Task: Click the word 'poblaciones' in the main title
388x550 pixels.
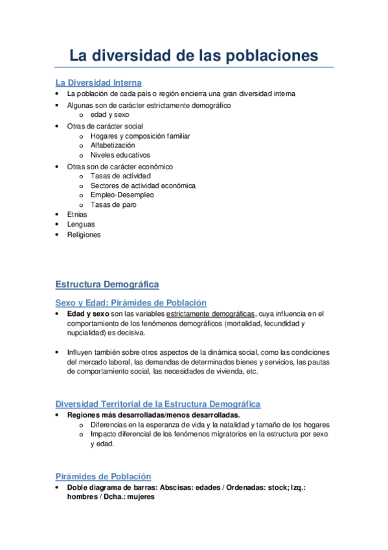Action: coord(272,56)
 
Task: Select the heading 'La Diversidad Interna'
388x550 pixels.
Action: coord(98,83)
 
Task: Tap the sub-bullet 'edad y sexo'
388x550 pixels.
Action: coord(110,114)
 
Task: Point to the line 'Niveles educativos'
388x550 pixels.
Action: coord(120,156)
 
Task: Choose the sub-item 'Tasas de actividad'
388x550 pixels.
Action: coord(120,176)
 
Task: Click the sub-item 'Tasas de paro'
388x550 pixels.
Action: coord(113,205)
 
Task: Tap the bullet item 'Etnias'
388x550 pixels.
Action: coord(76,215)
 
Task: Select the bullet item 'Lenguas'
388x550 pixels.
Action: coord(80,224)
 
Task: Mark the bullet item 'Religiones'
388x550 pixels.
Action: coord(84,234)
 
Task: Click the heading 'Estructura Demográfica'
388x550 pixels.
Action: coord(107,285)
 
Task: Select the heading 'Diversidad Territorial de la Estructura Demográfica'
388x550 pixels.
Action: coord(158,404)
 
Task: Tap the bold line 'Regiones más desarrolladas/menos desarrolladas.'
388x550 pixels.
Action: coord(153,415)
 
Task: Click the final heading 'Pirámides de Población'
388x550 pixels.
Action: coord(103,477)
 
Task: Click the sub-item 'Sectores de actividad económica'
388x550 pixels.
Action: coord(143,185)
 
